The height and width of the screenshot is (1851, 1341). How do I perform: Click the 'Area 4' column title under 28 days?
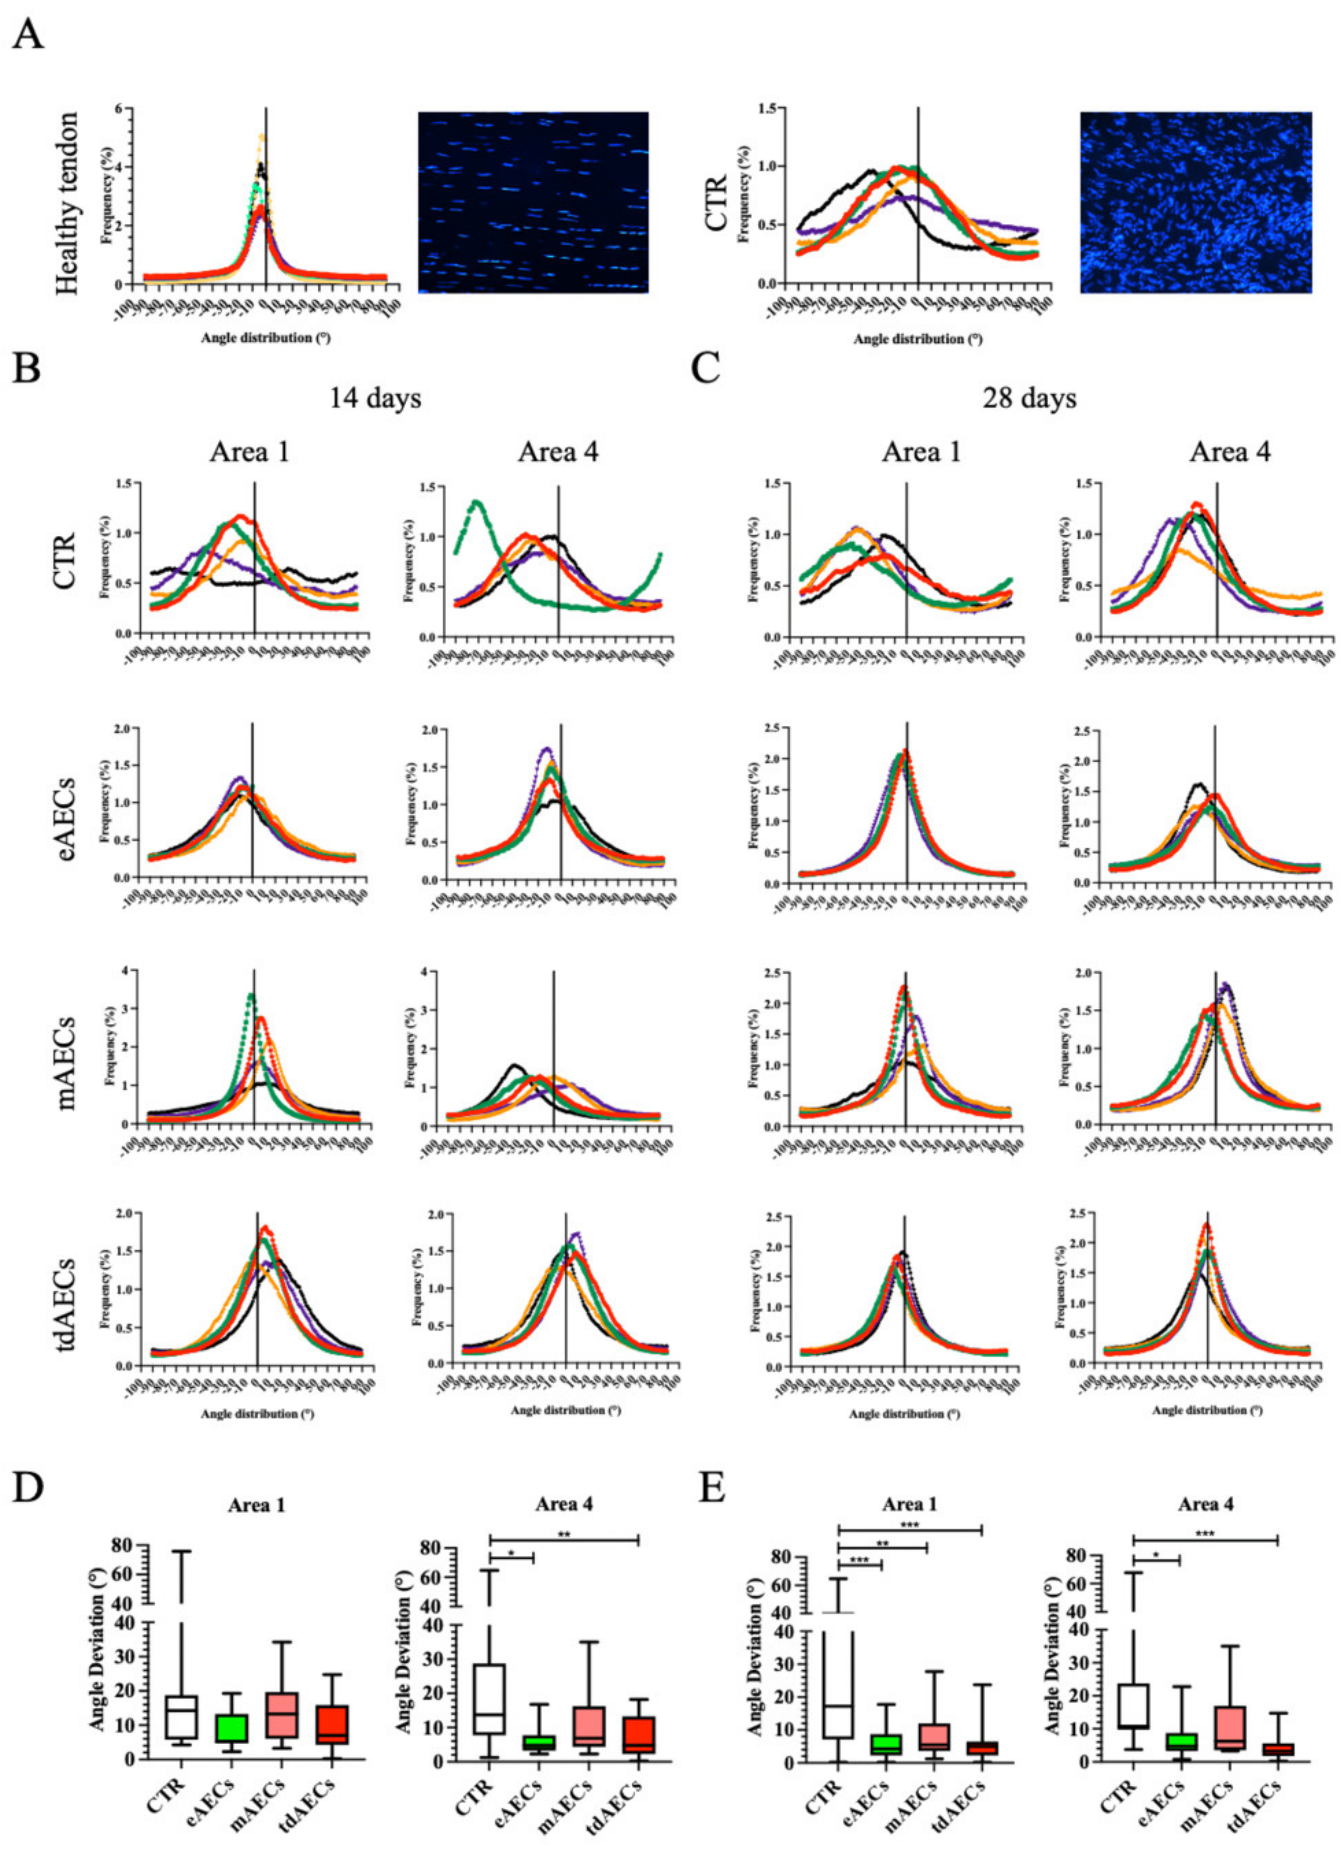point(1229,451)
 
